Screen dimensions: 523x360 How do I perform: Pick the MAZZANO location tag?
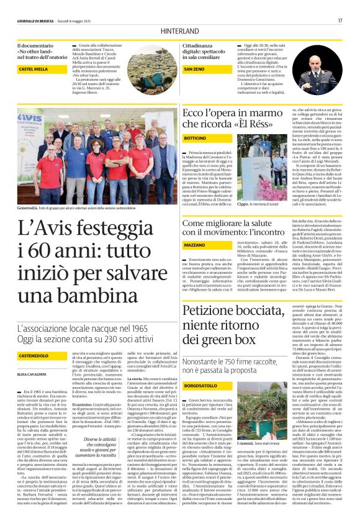194,246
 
